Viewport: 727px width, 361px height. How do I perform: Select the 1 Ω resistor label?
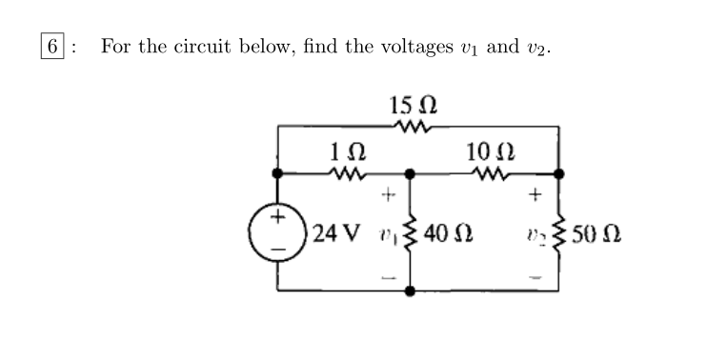point(344,150)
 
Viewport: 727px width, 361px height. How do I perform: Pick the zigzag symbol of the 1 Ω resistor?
point(343,173)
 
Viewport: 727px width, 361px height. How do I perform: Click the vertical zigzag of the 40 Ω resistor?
point(411,231)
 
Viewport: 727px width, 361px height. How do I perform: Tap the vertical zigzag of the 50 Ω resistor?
point(559,231)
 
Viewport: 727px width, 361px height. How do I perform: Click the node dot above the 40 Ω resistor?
point(411,174)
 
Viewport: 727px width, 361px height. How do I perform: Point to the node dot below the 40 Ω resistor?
point(411,290)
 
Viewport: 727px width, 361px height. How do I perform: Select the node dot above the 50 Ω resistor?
point(559,173)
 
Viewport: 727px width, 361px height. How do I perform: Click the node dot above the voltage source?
point(277,173)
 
